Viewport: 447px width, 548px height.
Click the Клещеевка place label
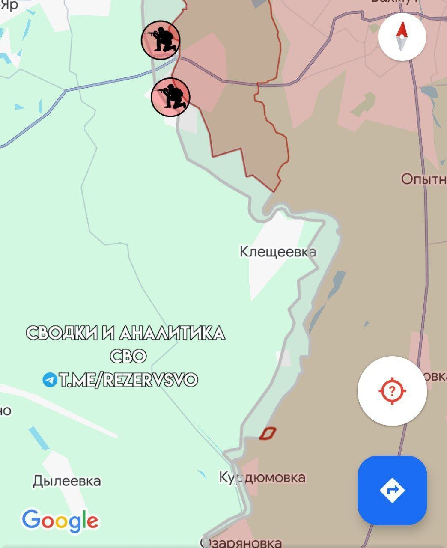(x=278, y=251)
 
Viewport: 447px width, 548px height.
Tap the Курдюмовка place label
(x=262, y=477)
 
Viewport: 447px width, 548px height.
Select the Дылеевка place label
(x=67, y=481)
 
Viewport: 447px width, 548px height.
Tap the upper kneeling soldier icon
(x=161, y=40)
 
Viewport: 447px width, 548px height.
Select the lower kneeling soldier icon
(x=170, y=97)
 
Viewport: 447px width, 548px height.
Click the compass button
(x=402, y=36)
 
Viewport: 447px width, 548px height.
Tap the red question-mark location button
(x=392, y=390)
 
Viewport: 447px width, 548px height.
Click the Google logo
(x=60, y=521)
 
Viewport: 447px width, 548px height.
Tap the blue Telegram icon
(x=50, y=379)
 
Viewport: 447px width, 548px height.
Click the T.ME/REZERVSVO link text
(x=128, y=380)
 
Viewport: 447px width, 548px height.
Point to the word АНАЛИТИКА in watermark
(x=172, y=333)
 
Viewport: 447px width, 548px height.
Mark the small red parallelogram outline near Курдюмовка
(x=267, y=433)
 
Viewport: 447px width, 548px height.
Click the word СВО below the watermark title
(x=128, y=356)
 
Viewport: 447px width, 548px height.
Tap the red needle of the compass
(x=402, y=30)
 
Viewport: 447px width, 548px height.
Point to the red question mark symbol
(x=392, y=390)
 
